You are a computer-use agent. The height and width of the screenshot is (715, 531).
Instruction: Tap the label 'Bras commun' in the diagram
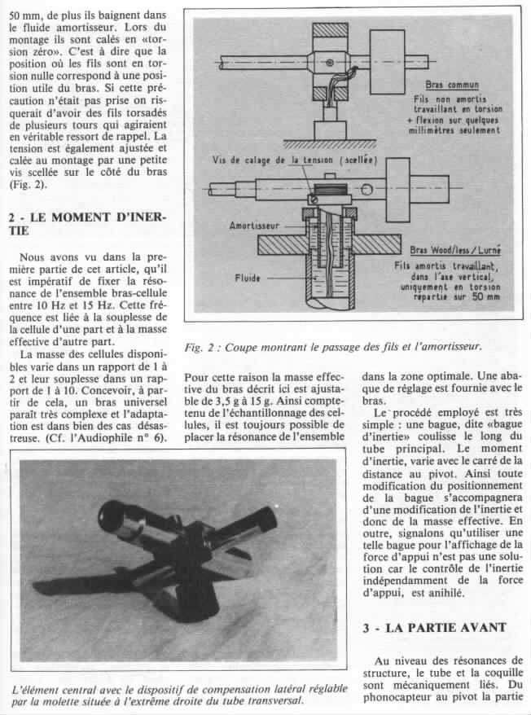pyautogui.click(x=451, y=84)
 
